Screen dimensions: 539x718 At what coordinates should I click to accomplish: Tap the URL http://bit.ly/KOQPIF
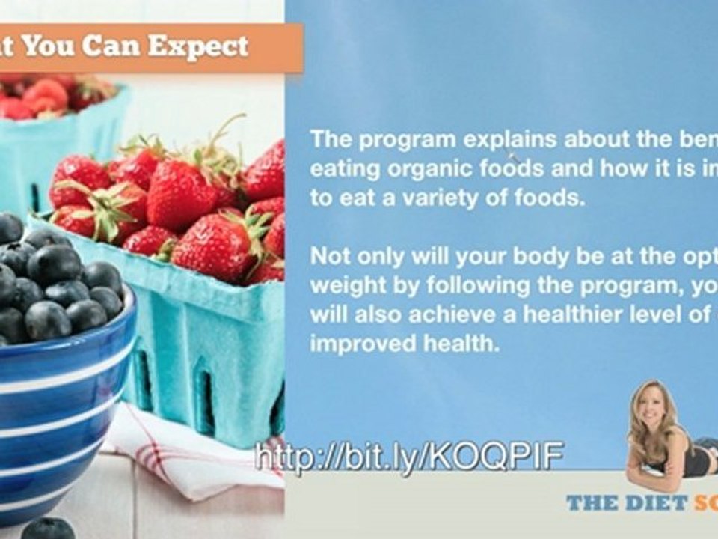click(409, 456)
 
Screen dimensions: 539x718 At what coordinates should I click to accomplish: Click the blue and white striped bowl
click(60, 419)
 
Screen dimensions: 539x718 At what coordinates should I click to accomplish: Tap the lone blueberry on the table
click(46, 529)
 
